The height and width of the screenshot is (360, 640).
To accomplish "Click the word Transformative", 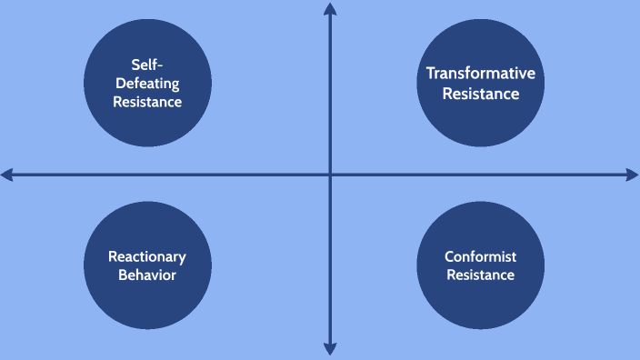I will click(x=481, y=74).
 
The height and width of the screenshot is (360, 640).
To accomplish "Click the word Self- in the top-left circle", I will click(x=147, y=65).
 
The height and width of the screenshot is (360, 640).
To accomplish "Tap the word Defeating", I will click(x=147, y=83).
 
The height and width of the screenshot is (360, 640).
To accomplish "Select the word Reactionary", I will click(x=147, y=256).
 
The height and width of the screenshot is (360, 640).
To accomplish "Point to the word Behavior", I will click(x=147, y=275).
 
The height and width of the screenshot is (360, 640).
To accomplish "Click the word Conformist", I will click(x=481, y=256).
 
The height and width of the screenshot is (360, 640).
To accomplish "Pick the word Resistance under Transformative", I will click(x=481, y=94).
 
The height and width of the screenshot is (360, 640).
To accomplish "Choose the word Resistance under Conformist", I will click(x=481, y=275).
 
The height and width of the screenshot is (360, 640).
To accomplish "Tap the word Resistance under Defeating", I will click(x=147, y=102).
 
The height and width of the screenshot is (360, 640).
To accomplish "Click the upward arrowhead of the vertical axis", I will click(x=330, y=9).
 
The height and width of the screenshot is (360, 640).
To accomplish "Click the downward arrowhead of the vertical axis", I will click(x=330, y=349).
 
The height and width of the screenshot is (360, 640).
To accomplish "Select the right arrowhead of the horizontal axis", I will click(x=633, y=175).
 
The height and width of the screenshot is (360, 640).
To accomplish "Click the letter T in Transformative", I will click(x=431, y=74).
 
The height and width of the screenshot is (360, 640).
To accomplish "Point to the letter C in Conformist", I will click(x=449, y=256).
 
